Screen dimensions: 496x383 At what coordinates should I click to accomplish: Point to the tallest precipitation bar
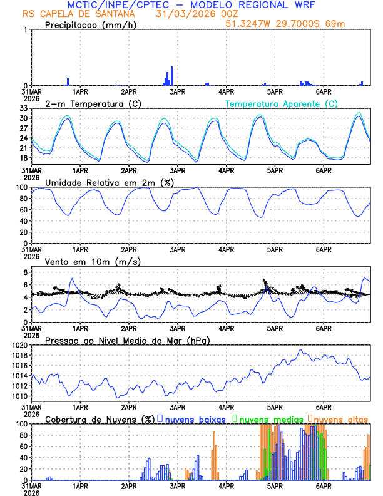click(171, 76)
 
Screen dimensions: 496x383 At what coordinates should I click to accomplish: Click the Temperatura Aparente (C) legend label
click(281, 103)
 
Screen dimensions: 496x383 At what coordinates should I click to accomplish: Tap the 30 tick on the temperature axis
click(24, 118)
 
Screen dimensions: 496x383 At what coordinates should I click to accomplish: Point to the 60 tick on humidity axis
click(24, 210)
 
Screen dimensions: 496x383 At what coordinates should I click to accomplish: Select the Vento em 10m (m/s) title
click(93, 261)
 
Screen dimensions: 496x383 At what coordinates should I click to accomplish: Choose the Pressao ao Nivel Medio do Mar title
click(127, 340)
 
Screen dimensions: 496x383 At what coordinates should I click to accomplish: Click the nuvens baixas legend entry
click(195, 419)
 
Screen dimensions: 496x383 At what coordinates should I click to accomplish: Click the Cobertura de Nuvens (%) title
click(99, 419)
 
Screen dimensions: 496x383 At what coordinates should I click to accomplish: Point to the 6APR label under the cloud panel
click(324, 486)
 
